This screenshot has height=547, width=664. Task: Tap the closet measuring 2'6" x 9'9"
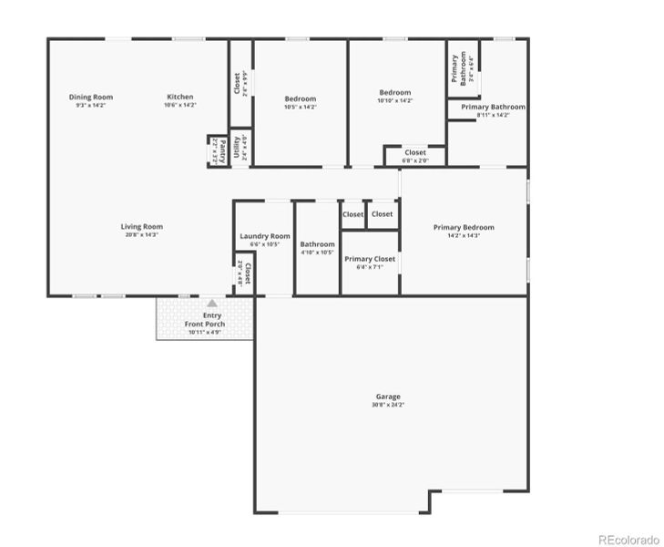pyautogui.click(x=239, y=84)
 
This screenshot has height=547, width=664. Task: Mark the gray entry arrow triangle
pyautogui.click(x=211, y=303)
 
